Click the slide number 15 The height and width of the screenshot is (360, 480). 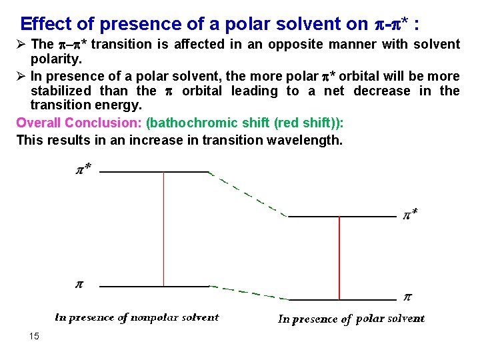[35, 336]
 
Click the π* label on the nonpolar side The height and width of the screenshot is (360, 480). [83, 169]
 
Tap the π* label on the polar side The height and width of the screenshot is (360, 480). [411, 214]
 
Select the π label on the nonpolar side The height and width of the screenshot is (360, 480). [79, 284]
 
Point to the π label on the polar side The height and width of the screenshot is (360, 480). [408, 297]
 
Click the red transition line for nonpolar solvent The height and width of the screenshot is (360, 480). [163, 229]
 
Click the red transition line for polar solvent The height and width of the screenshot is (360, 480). [340, 258]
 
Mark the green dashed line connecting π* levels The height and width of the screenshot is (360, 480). [248, 194]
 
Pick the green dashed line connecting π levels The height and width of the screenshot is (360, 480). [248, 293]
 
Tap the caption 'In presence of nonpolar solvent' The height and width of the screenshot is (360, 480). [137, 317]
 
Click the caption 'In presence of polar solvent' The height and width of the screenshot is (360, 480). [351, 319]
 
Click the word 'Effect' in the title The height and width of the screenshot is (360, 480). [47, 25]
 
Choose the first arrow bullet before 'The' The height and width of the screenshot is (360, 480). [21, 45]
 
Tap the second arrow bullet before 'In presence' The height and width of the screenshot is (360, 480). [21, 76]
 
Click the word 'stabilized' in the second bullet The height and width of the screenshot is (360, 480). [61, 91]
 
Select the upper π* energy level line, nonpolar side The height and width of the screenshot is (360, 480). [154, 171]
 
